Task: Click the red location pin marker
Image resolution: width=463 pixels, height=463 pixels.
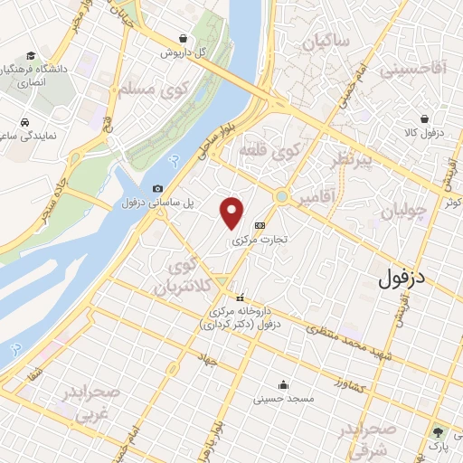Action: coord(232,213)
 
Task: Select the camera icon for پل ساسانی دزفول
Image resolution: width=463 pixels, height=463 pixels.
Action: coord(157,188)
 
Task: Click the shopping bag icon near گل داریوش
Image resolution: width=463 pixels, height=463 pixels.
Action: coord(184,39)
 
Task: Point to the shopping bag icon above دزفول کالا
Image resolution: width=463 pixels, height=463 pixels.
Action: coord(425,118)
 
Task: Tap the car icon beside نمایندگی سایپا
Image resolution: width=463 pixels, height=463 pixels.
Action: coord(25,121)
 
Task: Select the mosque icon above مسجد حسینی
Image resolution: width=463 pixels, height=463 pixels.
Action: coord(283,383)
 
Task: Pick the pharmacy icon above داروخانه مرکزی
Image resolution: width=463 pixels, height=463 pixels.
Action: coord(241,298)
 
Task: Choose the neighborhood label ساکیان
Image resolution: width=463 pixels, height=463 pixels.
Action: coord(326,42)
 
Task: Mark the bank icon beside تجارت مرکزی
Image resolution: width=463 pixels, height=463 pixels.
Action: coord(260,225)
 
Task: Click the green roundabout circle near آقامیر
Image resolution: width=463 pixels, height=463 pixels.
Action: coord(282,195)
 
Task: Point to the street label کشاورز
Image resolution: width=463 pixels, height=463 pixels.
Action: coord(348,386)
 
